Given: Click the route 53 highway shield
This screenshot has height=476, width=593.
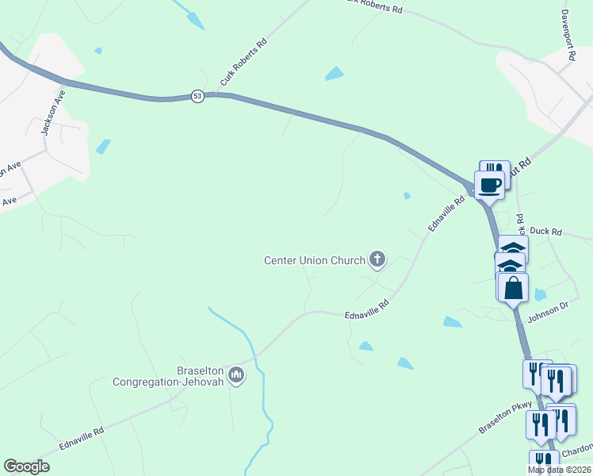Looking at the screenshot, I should click(x=197, y=96).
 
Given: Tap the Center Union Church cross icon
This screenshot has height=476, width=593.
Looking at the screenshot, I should click(x=377, y=259).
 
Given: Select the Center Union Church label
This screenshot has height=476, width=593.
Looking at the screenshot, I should click(x=314, y=260).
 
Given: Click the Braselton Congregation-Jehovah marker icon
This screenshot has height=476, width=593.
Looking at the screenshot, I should click(x=235, y=374).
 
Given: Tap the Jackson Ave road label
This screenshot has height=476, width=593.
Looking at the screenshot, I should click(x=54, y=111).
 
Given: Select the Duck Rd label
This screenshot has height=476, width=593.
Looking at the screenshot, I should click(x=546, y=232).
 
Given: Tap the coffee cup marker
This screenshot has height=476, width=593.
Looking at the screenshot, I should click(x=490, y=186).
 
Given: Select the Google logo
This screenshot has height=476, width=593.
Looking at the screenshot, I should click(x=27, y=466).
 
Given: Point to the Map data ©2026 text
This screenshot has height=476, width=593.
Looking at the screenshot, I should click(x=559, y=470).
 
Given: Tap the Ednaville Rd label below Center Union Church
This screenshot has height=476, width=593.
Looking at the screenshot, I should click(x=367, y=309).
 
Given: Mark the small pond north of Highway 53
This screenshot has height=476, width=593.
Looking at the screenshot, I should click(x=335, y=74).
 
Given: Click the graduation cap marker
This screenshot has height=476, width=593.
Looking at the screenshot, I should click(x=513, y=248).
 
